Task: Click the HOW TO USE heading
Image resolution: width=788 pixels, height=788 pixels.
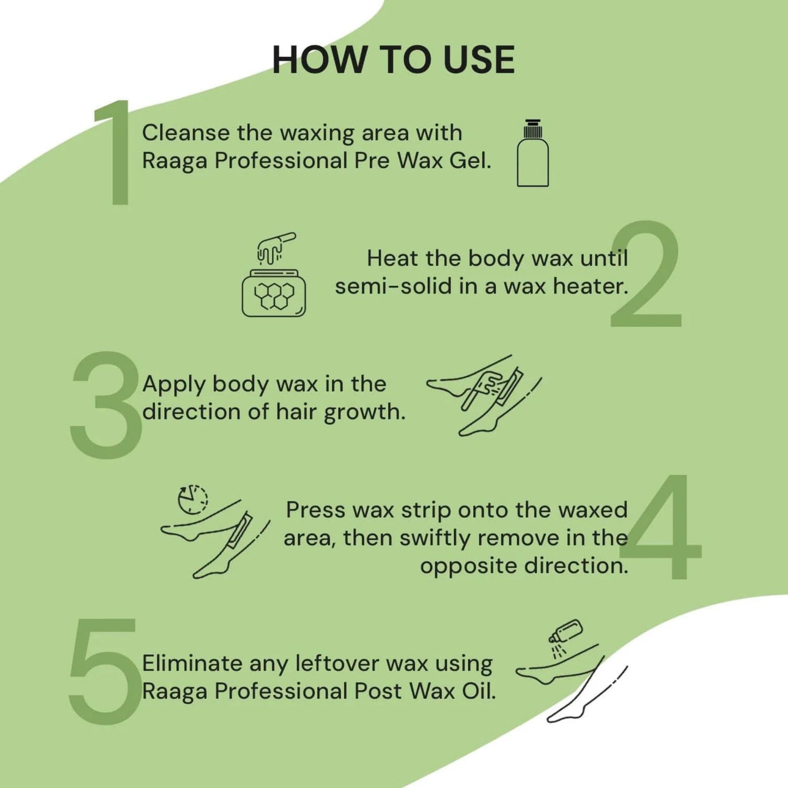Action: point(393,59)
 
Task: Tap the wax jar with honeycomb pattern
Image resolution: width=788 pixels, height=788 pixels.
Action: point(274,293)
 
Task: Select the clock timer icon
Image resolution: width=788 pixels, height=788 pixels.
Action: point(193,499)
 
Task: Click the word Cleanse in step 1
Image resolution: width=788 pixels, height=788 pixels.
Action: point(186,133)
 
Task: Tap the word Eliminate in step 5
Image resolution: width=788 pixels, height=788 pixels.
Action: point(192,664)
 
